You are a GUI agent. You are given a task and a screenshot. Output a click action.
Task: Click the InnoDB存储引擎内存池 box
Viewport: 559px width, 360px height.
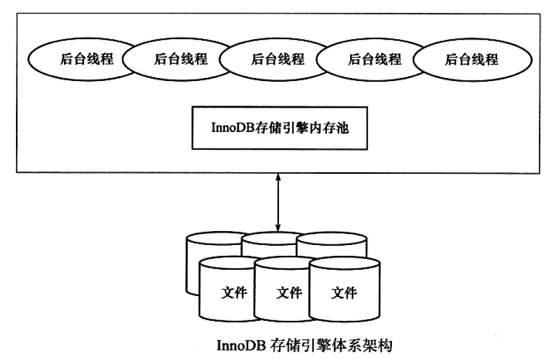pyautogui.click(x=280, y=128)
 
